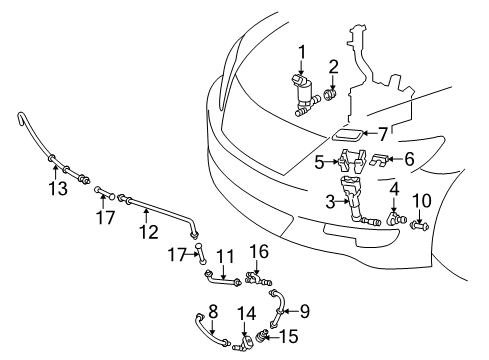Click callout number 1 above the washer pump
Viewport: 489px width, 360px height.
point(302,53)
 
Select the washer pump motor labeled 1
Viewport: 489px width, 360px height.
point(303,95)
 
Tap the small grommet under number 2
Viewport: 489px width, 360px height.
point(331,95)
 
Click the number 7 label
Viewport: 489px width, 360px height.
point(382,134)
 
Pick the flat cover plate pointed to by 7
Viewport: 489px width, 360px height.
point(347,134)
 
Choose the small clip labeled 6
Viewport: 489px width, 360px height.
point(380,160)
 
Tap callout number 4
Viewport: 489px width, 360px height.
point(394,189)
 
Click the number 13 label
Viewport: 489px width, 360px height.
point(58,188)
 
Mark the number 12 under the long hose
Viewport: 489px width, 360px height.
point(148,232)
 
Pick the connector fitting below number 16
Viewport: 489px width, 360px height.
point(259,278)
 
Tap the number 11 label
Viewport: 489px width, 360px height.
point(226,257)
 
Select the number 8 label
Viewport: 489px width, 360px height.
point(213,311)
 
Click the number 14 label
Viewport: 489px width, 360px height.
point(247,313)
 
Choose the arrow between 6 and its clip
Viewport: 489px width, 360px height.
point(395,158)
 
